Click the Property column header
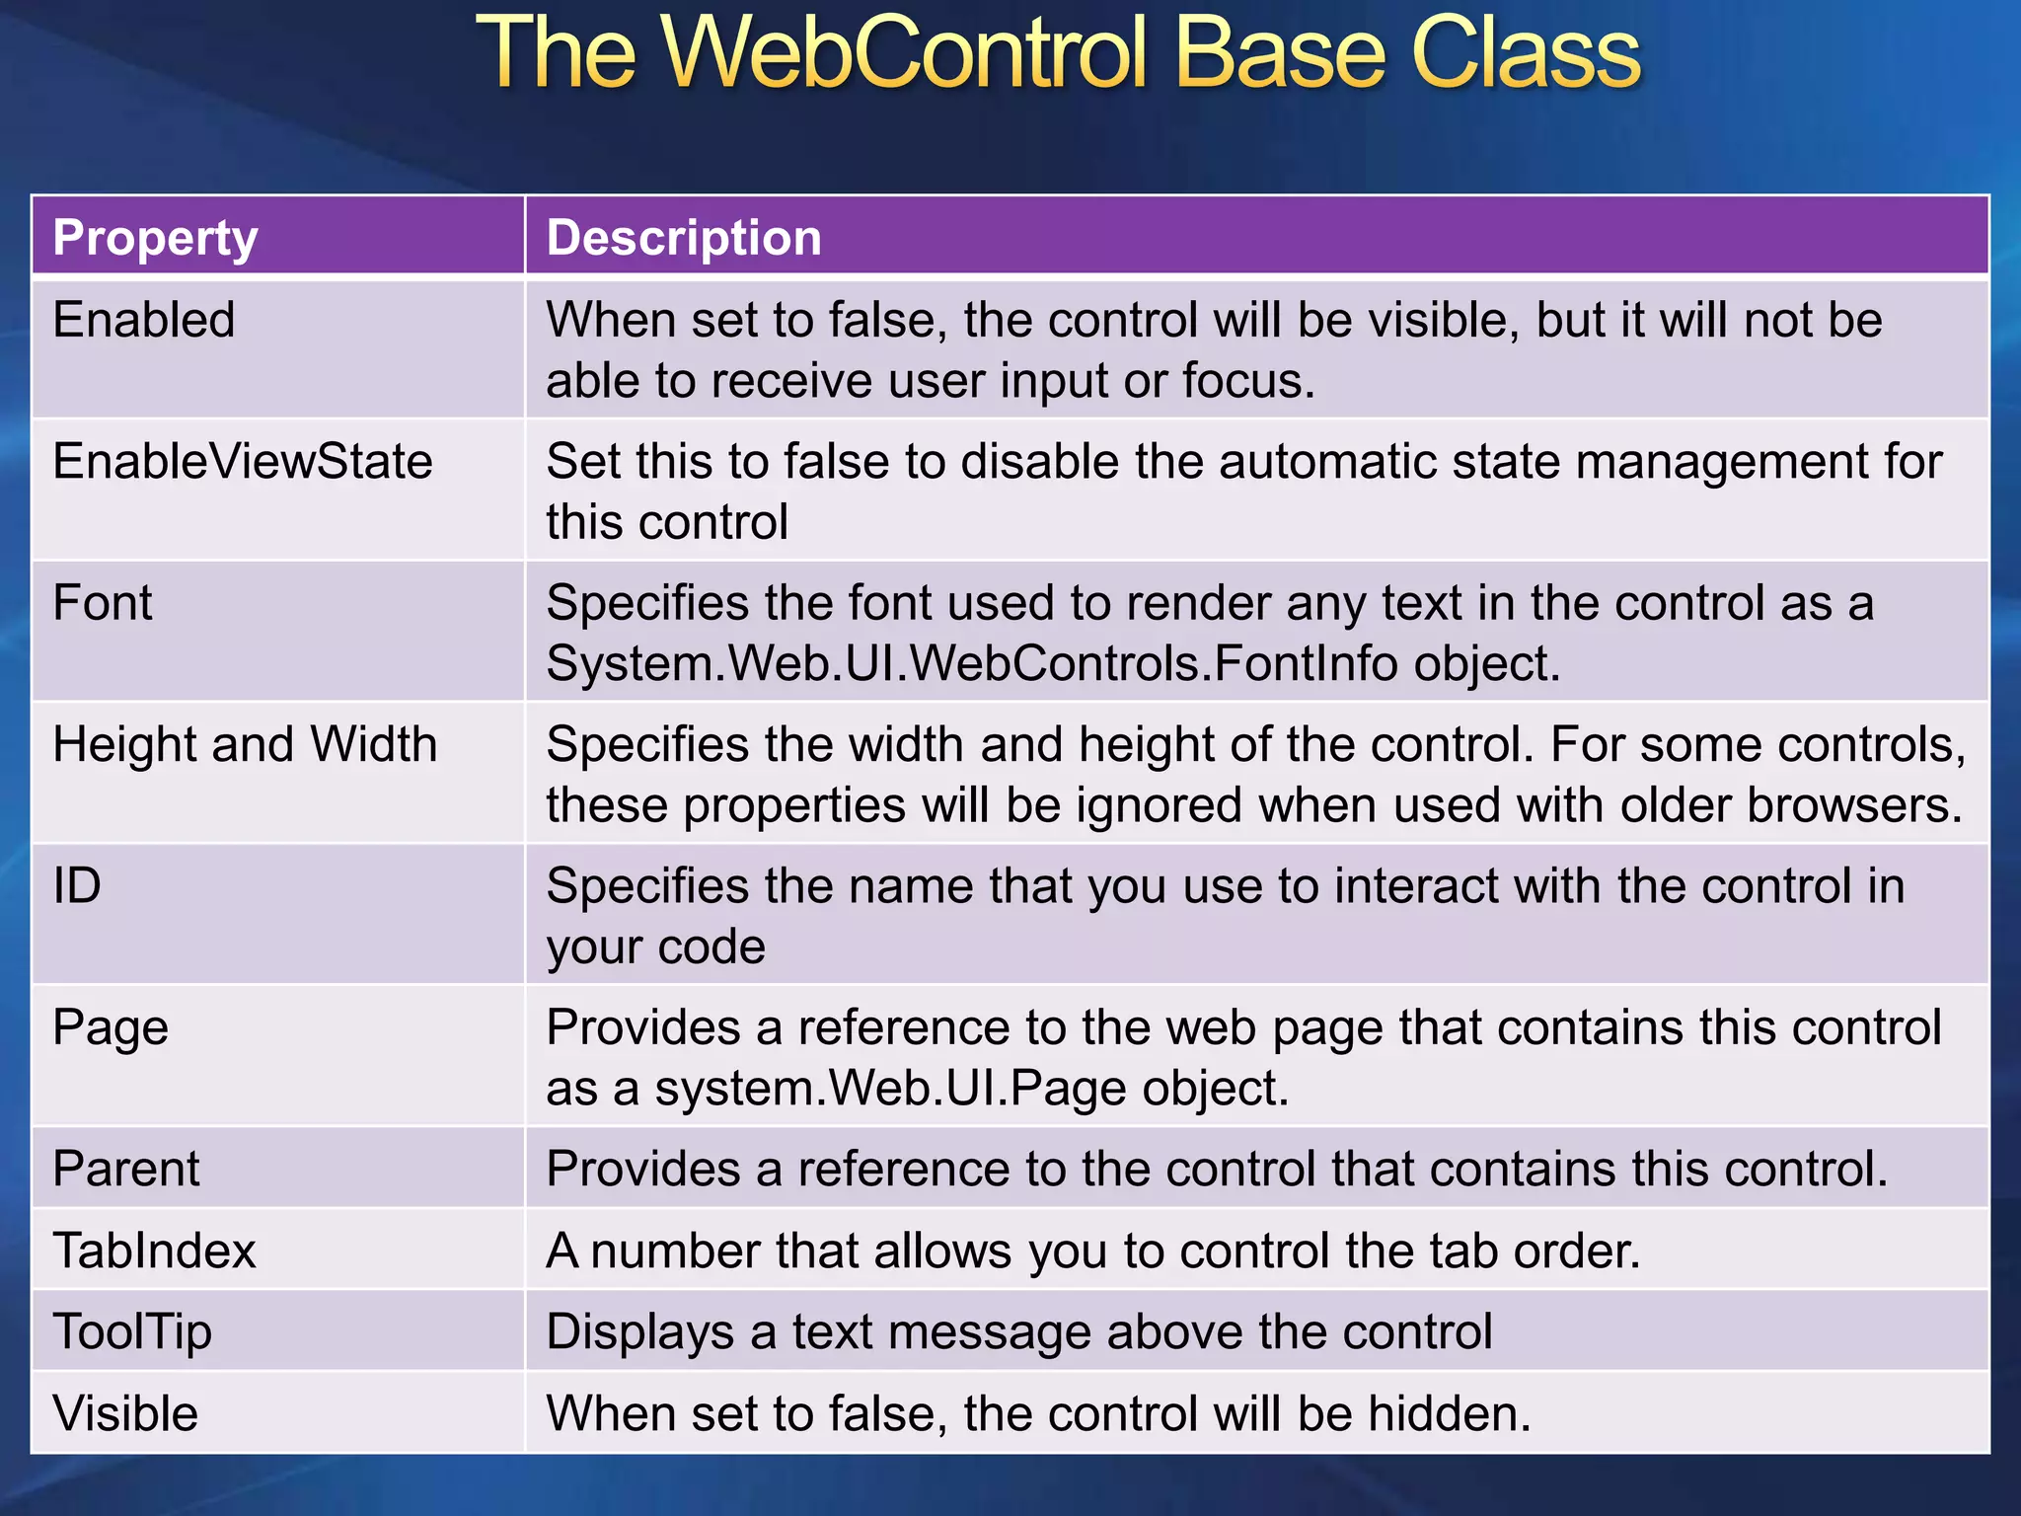(155, 238)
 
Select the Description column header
(684, 238)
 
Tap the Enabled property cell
(144, 320)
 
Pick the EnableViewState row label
(243, 461)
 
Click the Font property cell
(103, 602)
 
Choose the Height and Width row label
(245, 744)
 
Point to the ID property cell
(77, 885)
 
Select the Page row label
(111, 1027)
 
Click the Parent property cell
(126, 1169)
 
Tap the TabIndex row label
(154, 1251)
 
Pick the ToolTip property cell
(132, 1331)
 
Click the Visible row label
(125, 1413)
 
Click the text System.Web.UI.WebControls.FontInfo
(972, 663)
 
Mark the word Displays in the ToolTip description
(639, 1332)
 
